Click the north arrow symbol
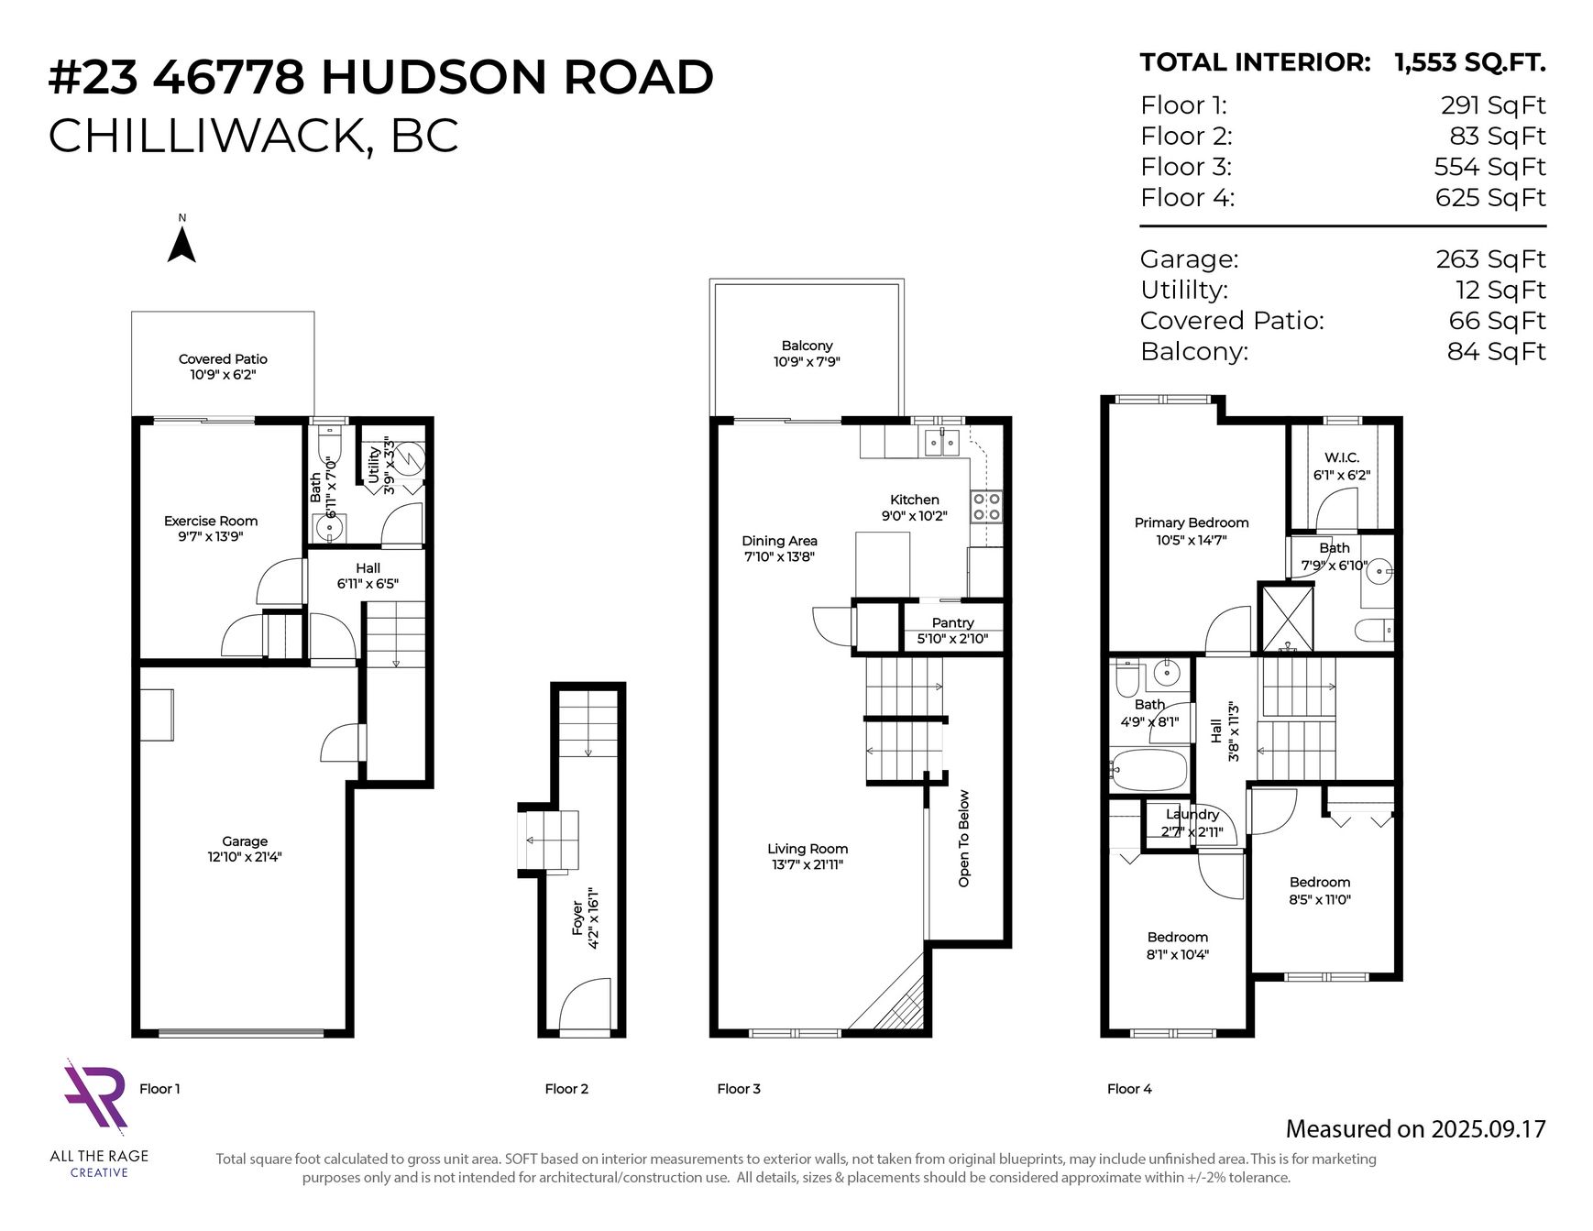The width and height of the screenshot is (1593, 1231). pos(181,245)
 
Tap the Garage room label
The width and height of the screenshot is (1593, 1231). pos(245,849)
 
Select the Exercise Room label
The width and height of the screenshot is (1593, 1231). pos(211,528)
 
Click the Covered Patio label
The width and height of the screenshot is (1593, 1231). pos(223,367)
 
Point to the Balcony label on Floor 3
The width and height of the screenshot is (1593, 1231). pos(807,353)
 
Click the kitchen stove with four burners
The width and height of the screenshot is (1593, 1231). pos(986,506)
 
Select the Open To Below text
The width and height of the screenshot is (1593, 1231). pos(964,839)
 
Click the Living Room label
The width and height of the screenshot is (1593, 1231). pos(807,856)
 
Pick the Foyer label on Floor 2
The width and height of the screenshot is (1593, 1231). pos(585,918)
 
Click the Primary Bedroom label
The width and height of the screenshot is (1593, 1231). pos(1192,531)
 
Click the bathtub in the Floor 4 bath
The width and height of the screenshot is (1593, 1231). pos(1148,768)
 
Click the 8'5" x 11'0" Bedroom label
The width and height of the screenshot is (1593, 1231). pos(1320,890)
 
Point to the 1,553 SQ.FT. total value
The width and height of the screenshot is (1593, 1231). pos(1470,62)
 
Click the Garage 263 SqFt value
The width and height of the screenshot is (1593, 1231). pos(1490,259)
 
